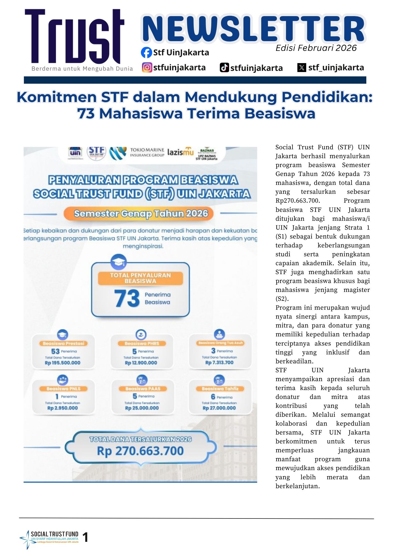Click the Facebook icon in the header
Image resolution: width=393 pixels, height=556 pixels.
tap(146, 53)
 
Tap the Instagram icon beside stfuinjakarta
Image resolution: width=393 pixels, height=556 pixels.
tap(147, 68)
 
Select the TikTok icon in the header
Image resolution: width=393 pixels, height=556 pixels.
tap(224, 68)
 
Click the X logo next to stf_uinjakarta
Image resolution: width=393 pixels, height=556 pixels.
tap(302, 68)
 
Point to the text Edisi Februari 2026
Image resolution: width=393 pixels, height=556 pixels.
tap(316, 48)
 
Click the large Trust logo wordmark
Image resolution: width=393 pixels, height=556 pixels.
tap(74, 37)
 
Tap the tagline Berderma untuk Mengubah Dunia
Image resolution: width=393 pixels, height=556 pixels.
tap(82, 69)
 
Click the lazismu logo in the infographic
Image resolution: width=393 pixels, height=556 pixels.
tap(180, 152)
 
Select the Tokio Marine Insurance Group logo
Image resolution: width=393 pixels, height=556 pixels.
tap(147, 152)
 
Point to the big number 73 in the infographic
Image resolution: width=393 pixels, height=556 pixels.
tap(127, 298)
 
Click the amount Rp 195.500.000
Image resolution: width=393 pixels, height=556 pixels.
tap(63, 363)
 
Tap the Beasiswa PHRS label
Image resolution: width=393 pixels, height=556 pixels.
tap(142, 343)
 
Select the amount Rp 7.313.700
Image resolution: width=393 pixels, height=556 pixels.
tap(219, 363)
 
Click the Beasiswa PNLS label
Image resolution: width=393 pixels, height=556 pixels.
tap(63, 389)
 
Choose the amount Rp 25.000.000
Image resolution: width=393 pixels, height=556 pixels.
tap(142, 408)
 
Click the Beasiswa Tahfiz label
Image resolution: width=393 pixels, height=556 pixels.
tap(220, 389)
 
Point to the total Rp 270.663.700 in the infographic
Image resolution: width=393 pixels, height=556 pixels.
tap(140, 451)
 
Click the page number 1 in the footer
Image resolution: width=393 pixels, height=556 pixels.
tap(85, 537)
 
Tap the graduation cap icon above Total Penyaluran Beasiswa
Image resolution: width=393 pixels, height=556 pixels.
tap(119, 262)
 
